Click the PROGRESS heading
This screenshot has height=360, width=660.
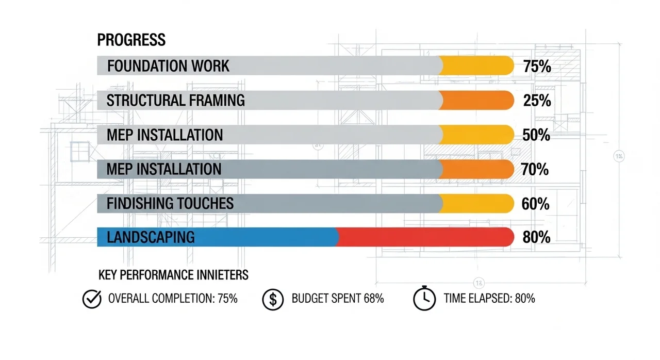tap(131, 40)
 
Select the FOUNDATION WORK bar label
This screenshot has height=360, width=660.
tap(168, 66)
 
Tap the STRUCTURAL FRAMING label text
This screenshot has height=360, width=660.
tap(175, 100)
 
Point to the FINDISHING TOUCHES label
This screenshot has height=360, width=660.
tap(170, 203)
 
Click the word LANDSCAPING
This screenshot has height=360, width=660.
tap(151, 237)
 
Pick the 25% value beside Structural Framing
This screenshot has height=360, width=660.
tap(537, 101)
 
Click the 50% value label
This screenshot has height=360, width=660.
tap(536, 135)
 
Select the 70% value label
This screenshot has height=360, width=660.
tap(535, 169)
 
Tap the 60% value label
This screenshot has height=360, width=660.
tap(535, 204)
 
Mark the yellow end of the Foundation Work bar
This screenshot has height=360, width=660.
tap(477, 66)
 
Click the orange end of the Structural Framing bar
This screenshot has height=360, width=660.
tap(477, 100)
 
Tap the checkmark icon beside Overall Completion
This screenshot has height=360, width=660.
tap(92, 299)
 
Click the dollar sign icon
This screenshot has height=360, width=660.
tap(273, 299)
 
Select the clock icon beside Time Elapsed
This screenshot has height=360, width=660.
tap(424, 299)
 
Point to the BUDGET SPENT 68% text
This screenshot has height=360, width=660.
tap(337, 298)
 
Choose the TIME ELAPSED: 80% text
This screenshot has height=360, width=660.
tap(489, 298)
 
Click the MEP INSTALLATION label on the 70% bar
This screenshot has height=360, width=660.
tap(164, 169)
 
